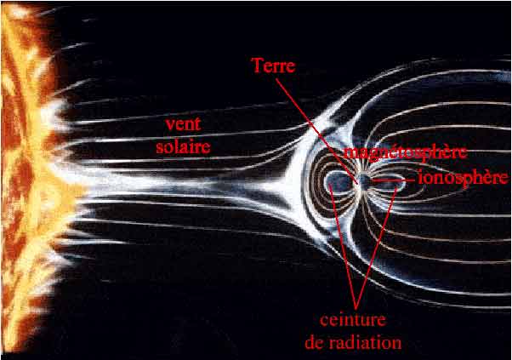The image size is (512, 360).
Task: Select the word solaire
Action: [x=187, y=146]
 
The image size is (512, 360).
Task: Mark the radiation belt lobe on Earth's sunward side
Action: [x=338, y=181]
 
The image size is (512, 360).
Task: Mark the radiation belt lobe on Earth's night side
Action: [x=389, y=180]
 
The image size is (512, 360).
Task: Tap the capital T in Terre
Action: [x=258, y=66]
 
